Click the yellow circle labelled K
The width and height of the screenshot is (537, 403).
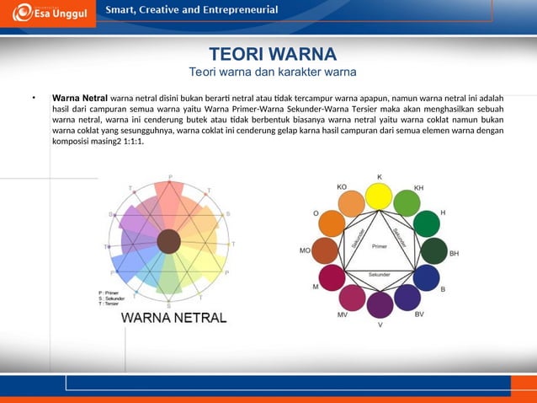(x=379, y=196)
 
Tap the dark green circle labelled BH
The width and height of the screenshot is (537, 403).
(x=433, y=251)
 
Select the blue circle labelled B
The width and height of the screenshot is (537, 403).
(x=427, y=278)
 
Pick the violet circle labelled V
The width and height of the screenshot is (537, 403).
(x=380, y=304)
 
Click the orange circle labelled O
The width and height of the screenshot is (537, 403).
(x=332, y=223)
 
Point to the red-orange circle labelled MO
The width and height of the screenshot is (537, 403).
(x=324, y=250)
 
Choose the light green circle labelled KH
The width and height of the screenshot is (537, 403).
(x=407, y=202)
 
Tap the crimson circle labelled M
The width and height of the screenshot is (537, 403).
(x=332, y=278)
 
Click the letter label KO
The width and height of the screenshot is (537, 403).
(x=342, y=186)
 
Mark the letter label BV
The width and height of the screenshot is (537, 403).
(x=418, y=314)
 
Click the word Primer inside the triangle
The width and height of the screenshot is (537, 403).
(x=379, y=246)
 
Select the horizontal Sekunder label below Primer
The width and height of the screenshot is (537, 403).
(x=380, y=274)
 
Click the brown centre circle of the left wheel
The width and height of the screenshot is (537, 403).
(x=168, y=241)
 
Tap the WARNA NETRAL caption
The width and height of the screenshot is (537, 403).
(x=174, y=318)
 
